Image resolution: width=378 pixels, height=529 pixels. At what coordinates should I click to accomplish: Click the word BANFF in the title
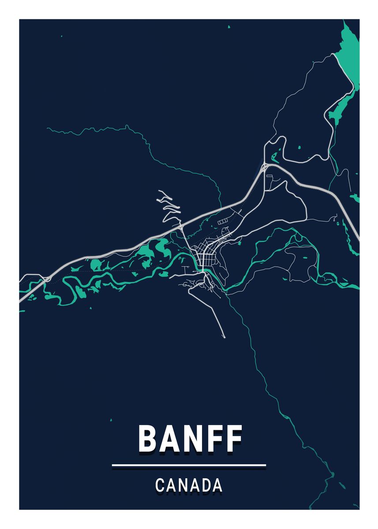pyautogui.click(x=190, y=439)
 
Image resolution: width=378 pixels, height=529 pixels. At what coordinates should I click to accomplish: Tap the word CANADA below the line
pyautogui.click(x=189, y=485)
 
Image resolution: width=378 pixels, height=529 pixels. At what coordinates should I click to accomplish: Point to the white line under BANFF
pyautogui.click(x=189, y=465)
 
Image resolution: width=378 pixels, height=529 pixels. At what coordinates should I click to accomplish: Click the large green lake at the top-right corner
pyautogui.click(x=348, y=57)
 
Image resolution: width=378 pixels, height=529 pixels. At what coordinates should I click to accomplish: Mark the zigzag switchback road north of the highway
pyautogui.click(x=170, y=205)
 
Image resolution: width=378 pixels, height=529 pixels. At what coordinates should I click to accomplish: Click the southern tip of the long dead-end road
pyautogui.click(x=224, y=337)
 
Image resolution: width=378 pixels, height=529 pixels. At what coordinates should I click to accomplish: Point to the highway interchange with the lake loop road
pyautogui.click(x=266, y=167)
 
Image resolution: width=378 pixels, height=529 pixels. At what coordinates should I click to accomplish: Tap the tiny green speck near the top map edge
pyautogui.click(x=229, y=27)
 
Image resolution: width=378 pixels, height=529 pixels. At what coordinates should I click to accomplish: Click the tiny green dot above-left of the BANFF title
pyautogui.click(x=111, y=419)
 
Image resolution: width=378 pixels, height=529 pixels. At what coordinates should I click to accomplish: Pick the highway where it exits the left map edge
pyautogui.click(x=21, y=301)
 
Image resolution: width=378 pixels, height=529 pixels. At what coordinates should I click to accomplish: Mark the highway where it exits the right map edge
pyautogui.click(x=358, y=238)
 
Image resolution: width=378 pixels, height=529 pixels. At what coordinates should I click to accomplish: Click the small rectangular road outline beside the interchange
pyautogui.click(x=270, y=176)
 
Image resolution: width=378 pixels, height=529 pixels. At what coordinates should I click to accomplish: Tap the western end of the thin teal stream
pyautogui.click(x=48, y=128)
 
